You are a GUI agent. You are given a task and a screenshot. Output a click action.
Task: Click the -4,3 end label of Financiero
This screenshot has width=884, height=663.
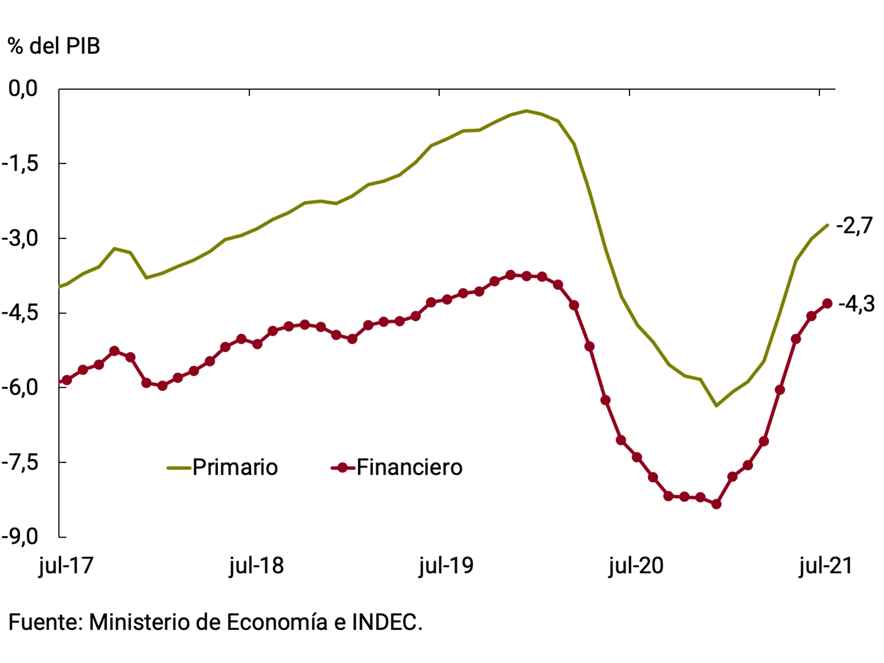coord(856,304)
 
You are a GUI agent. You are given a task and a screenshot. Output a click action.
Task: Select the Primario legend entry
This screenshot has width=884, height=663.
coord(223,467)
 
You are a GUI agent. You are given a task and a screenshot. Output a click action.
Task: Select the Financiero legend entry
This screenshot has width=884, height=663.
coord(397,467)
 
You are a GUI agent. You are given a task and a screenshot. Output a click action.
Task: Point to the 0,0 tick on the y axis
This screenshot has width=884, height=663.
coord(23,88)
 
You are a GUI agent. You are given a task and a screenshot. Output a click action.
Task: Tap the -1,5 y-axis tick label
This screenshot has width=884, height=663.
coord(20,163)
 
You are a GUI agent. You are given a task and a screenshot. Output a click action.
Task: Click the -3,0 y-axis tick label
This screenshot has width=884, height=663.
coord(20,238)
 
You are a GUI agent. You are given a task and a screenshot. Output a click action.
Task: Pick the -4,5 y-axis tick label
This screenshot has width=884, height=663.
coord(20,313)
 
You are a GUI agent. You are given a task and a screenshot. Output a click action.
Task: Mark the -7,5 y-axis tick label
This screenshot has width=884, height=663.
coord(20,462)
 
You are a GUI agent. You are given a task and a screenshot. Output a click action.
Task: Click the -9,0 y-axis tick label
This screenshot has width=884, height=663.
coord(20,537)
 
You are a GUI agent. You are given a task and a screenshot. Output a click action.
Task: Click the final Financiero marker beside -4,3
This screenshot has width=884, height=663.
coord(827,304)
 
